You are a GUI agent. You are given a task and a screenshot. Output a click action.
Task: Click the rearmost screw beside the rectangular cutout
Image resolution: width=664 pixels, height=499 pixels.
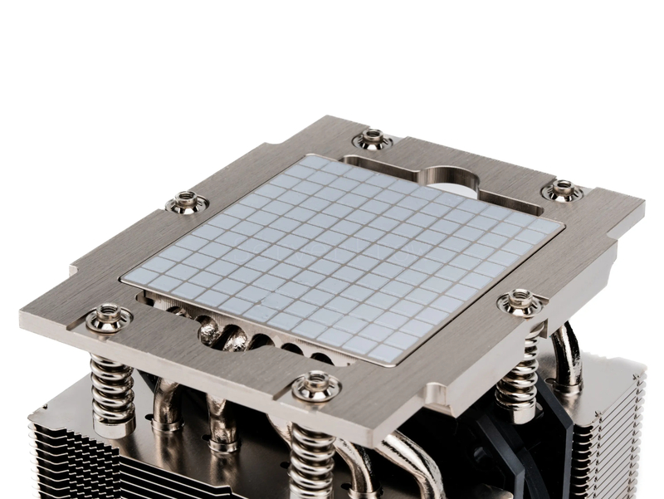pyautogui.click(x=373, y=139)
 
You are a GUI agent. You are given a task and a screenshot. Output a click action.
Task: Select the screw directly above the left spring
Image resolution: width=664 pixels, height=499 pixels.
pyautogui.click(x=109, y=317)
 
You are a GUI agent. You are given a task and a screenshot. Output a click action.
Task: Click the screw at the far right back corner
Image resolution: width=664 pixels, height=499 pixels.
pyautogui.click(x=563, y=190)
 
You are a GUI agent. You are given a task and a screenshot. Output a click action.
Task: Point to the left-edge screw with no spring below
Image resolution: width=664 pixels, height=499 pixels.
pyautogui.click(x=187, y=201)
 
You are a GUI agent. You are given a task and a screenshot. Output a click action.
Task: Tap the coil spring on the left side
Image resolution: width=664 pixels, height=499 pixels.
pyautogui.click(x=113, y=382)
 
